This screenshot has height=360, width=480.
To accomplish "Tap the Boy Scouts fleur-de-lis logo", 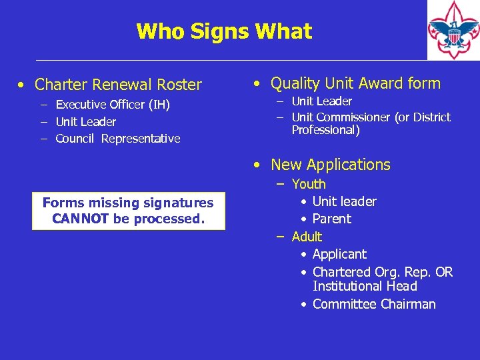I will pyautogui.click(x=453, y=31).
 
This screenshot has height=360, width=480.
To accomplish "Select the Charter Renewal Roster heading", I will pyautogui.click(x=118, y=85).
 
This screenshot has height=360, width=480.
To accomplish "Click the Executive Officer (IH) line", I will pyautogui.click(x=113, y=105).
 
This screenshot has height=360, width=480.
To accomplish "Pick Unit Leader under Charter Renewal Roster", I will pyautogui.click(x=85, y=122).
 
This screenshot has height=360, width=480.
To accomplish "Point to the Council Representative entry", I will pyautogui.click(x=118, y=139).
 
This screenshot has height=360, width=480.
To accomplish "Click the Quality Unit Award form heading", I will pyautogui.click(x=355, y=83).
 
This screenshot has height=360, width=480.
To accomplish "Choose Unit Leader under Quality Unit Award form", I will pyautogui.click(x=322, y=101).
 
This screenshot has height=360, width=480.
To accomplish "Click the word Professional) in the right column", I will pyautogui.click(x=325, y=130).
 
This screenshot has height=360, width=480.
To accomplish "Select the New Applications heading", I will pyautogui.click(x=331, y=165).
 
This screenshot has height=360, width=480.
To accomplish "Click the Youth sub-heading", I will pyautogui.click(x=309, y=184).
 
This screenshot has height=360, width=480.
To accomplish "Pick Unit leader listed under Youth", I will pyautogui.click(x=344, y=201).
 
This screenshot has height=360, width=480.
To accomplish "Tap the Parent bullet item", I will pyautogui.click(x=331, y=219).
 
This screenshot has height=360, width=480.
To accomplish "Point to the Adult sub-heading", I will pyautogui.click(x=307, y=237).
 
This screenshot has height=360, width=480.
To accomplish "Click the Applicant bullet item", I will pyautogui.click(x=339, y=254).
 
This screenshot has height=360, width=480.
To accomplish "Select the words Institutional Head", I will pyautogui.click(x=365, y=286).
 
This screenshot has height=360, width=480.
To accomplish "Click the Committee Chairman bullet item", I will pyautogui.click(x=373, y=304).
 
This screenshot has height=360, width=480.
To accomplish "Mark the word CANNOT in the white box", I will pyautogui.click(x=81, y=219).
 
